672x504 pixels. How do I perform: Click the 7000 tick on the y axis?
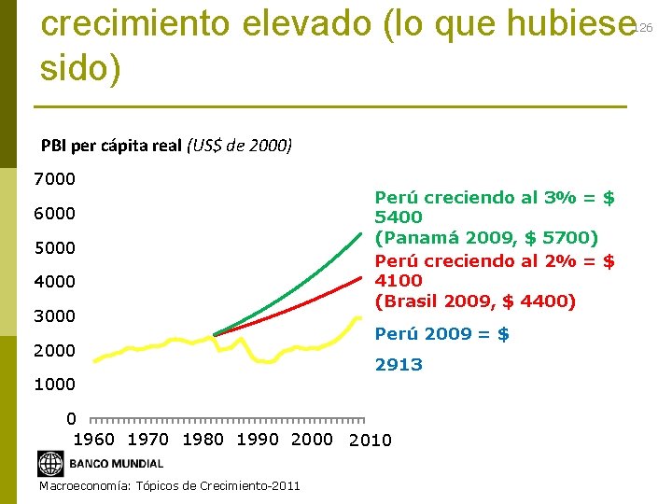pyautogui.click(x=55, y=178)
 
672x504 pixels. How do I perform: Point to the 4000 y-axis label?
pyautogui.click(x=55, y=282)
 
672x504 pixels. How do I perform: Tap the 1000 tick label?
pyautogui.click(x=55, y=385)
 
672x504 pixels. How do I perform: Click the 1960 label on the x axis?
pyautogui.click(x=93, y=440)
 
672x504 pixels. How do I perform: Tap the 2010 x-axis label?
pyautogui.click(x=370, y=441)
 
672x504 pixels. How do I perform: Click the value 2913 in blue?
pyautogui.click(x=399, y=365)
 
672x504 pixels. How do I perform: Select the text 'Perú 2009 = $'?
pyautogui.click(x=441, y=333)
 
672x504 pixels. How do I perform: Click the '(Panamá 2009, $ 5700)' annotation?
pyautogui.click(x=486, y=238)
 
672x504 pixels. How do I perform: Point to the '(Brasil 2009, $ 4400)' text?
pyautogui.click(x=475, y=301)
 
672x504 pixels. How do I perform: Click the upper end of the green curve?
pyautogui.click(x=361, y=233)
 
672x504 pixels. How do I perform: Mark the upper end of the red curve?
pyautogui.click(x=360, y=277)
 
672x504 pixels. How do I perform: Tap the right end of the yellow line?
pyautogui.click(x=360, y=318)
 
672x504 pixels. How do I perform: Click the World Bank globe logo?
pyautogui.click(x=49, y=463)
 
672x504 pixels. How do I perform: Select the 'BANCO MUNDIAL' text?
pyautogui.click(x=116, y=464)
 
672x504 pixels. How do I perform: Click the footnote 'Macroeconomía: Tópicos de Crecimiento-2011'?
pyautogui.click(x=170, y=486)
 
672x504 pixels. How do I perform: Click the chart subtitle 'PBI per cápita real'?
pyautogui.click(x=112, y=146)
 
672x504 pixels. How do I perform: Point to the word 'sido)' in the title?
pyautogui.click(x=81, y=69)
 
